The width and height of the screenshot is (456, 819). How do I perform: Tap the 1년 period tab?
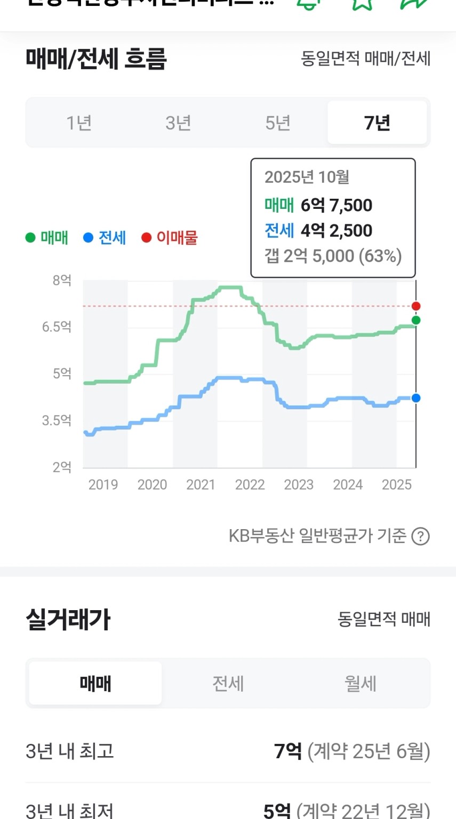(x=79, y=123)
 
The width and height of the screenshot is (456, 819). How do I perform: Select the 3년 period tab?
(x=178, y=123)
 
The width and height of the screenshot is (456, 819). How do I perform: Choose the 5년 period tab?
(x=278, y=123)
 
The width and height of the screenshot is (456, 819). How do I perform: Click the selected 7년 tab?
(x=377, y=123)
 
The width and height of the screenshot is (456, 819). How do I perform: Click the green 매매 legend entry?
(x=47, y=238)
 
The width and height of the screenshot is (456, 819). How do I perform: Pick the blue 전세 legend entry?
(x=105, y=238)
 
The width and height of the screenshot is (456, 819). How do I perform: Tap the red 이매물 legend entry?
(x=170, y=238)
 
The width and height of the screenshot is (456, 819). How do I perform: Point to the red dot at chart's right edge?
(x=416, y=306)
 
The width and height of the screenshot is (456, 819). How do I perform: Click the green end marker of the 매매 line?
(x=416, y=320)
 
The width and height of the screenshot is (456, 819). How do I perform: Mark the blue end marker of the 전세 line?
(x=416, y=398)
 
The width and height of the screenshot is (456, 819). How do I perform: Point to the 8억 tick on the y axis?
(x=62, y=280)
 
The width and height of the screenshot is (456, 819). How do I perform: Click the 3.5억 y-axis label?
(x=57, y=420)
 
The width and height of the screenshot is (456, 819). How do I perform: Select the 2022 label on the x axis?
(x=250, y=485)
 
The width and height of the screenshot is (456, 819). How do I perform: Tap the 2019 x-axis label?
(x=103, y=485)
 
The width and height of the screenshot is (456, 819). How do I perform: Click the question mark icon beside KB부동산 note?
(x=420, y=536)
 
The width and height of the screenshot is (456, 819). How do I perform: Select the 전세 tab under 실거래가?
(x=228, y=684)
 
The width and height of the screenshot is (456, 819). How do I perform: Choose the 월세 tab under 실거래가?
(x=361, y=684)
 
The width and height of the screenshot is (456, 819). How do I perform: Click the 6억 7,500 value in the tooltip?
(x=337, y=205)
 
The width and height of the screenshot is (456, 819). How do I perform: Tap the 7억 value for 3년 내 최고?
(x=288, y=751)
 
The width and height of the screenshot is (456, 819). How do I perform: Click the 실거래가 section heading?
(x=68, y=620)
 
